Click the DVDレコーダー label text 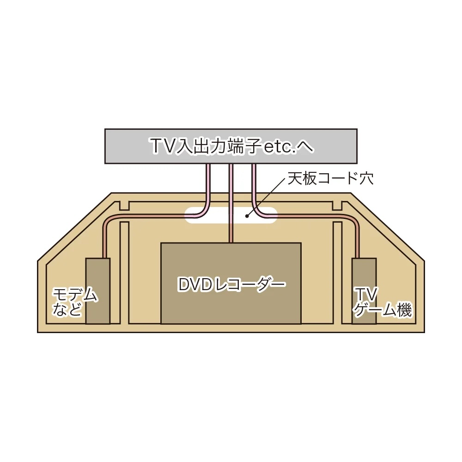coord(232,284)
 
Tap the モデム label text coord(75,294)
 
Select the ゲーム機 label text coord(383,310)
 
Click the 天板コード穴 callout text coord(331,178)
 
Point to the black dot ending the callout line coord(247,216)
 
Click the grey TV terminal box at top coord(231,146)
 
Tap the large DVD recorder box coord(231,284)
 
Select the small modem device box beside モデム coord(98,291)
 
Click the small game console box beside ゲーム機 coord(364,291)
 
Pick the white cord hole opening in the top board coord(231,215)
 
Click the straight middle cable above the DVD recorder coord(231,203)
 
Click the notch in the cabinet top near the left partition coord(124,206)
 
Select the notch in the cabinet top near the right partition coord(337,206)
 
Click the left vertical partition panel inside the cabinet coord(124,273)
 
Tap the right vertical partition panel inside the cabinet coord(337,273)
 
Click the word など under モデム coord(67,310)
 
